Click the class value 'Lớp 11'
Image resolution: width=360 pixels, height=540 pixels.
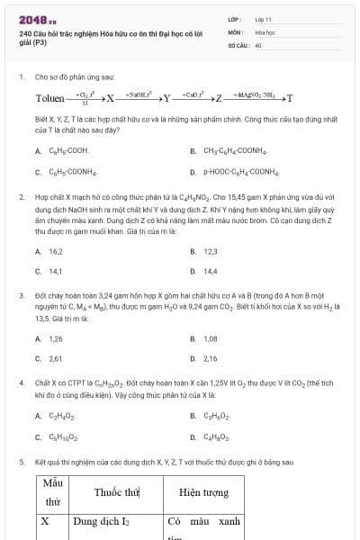point(263,18)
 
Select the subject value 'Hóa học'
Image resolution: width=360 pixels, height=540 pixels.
point(265,31)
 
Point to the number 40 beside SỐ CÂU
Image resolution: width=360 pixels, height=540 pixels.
point(258,44)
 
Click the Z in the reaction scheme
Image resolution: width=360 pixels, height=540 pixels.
point(218,98)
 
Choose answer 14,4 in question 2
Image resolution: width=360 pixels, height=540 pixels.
point(211,271)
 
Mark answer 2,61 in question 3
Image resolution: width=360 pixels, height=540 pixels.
point(56,358)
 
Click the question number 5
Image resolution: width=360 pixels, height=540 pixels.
point(21,462)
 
